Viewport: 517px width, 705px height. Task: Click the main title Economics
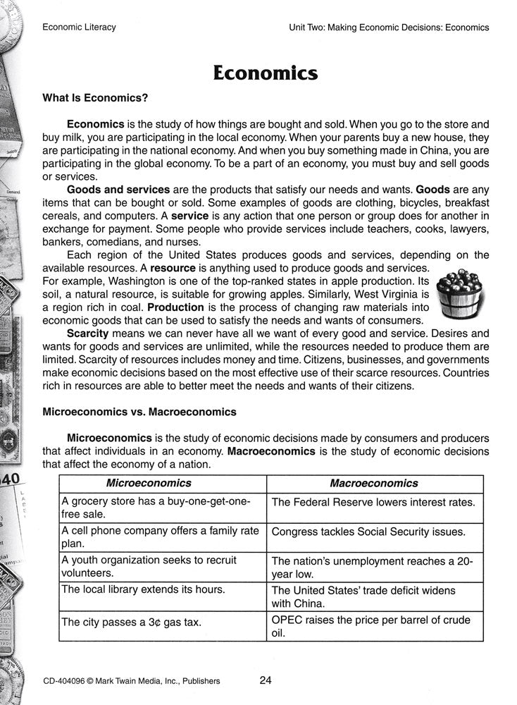(x=266, y=73)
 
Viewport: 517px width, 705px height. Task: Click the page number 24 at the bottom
(x=266, y=680)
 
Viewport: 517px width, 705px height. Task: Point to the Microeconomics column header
(x=148, y=483)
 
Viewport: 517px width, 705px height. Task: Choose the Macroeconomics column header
(x=373, y=483)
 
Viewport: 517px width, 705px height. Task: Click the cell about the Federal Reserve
(x=373, y=503)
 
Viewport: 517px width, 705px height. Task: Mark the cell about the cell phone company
(x=161, y=537)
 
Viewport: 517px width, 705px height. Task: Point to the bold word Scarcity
(x=88, y=333)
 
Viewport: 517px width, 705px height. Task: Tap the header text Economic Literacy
(x=79, y=27)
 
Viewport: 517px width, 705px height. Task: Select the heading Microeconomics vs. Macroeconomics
(x=139, y=411)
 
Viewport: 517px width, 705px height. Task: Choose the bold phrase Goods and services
(x=118, y=190)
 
